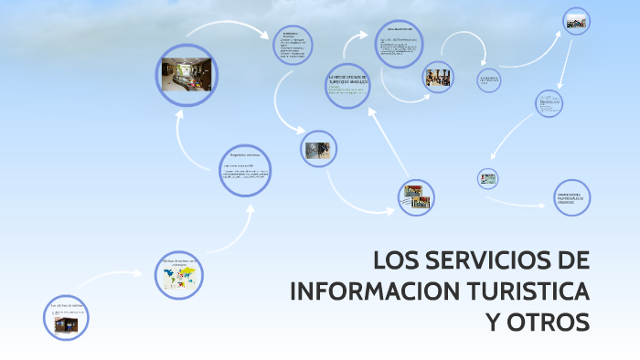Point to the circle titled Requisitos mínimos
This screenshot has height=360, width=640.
coord(245,170)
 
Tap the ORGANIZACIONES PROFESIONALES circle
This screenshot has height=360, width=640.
coord(572,197)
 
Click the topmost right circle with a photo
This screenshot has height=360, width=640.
coord(575,21)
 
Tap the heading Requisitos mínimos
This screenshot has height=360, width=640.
coord(244,156)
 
